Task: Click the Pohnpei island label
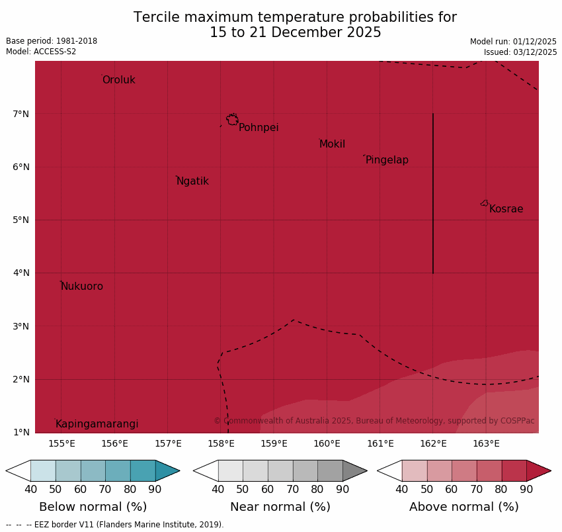click(259, 128)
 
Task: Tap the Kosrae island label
click(506, 209)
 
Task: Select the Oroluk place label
click(118, 80)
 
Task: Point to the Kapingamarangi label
click(97, 424)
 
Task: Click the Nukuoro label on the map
click(82, 287)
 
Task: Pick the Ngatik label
click(192, 181)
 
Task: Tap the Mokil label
click(332, 144)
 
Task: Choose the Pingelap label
click(387, 160)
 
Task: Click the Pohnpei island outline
click(232, 120)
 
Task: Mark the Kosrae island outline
click(485, 203)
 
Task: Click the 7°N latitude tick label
click(21, 114)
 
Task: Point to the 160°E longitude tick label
click(327, 443)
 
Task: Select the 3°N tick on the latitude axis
click(21, 326)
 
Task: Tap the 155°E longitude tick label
click(61, 443)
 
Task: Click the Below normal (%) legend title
click(93, 507)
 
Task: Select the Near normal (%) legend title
click(280, 507)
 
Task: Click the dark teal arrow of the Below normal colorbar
click(167, 470)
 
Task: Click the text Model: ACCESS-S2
click(41, 52)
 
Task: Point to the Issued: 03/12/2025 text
click(520, 52)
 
